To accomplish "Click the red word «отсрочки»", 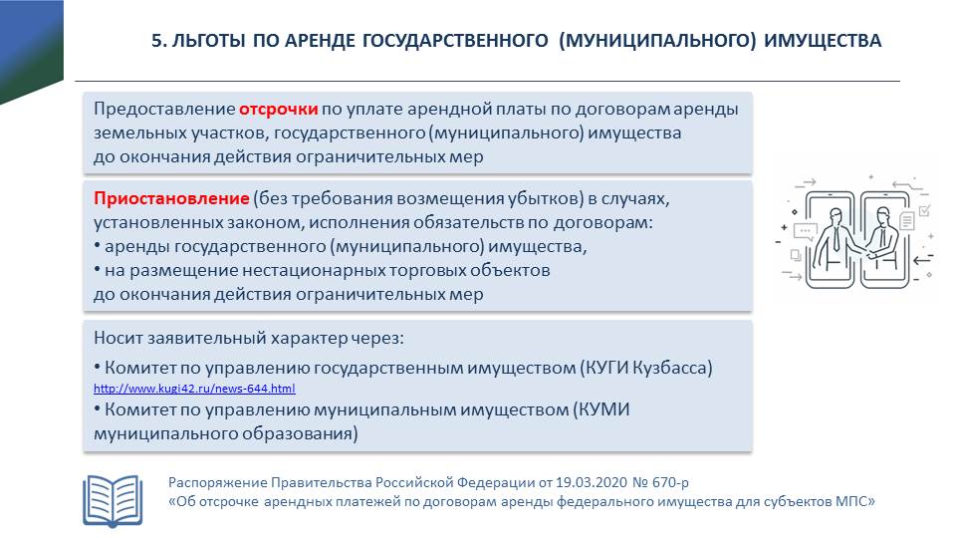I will click(279, 110).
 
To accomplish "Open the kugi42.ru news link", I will click(194, 389).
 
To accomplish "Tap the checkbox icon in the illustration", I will click(923, 211).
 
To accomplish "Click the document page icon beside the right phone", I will click(906, 221).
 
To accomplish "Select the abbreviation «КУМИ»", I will click(602, 409).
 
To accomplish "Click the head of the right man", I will click(883, 211).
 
